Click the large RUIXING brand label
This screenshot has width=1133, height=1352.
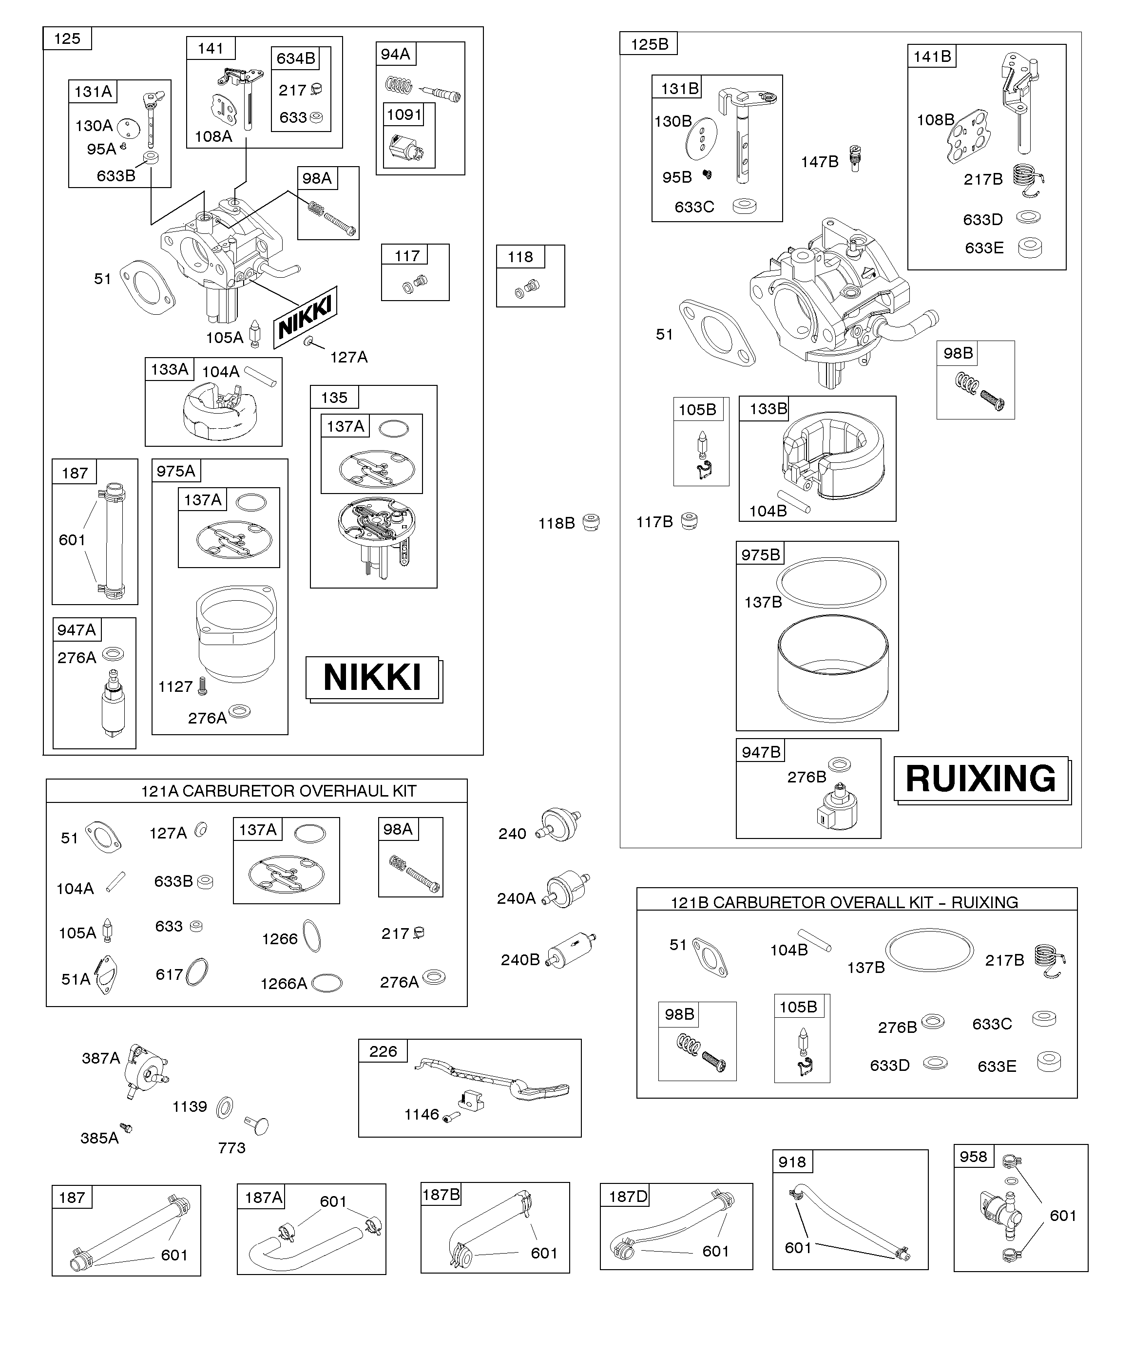(980, 779)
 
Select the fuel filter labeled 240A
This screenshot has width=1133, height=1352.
(567, 892)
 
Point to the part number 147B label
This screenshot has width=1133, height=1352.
(819, 162)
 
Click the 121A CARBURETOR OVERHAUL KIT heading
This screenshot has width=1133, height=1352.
(278, 791)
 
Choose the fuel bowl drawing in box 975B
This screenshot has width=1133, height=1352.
(833, 669)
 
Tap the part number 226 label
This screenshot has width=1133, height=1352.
(383, 1051)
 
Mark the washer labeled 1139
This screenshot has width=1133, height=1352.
(225, 1107)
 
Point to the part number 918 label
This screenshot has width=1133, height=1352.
(791, 1162)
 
